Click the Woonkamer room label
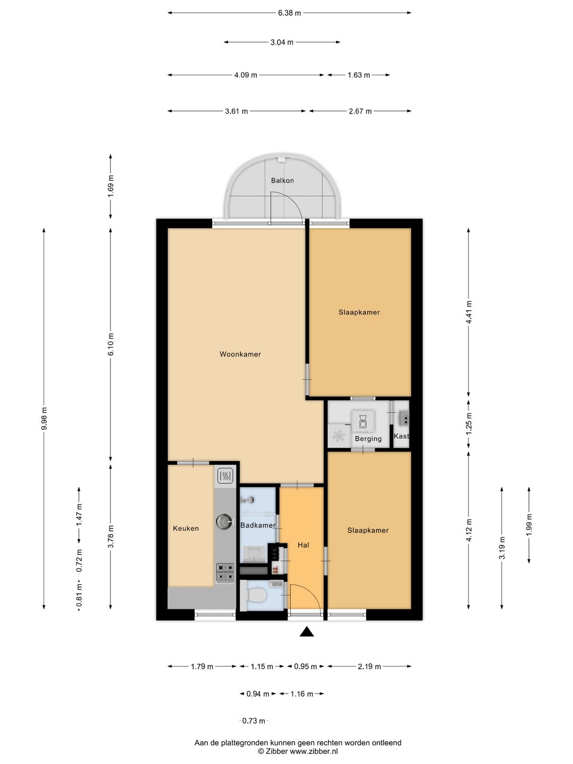pyautogui.click(x=240, y=354)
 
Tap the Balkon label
pyautogui.click(x=282, y=180)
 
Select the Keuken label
pyautogui.click(x=186, y=528)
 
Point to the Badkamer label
pyautogui.click(x=258, y=525)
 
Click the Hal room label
pyautogui.click(x=303, y=545)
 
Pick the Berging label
pyautogui.click(x=368, y=439)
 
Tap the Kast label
pyautogui.click(x=401, y=436)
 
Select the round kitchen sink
pyautogui.click(x=224, y=521)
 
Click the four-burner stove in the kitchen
pyautogui.click(x=225, y=573)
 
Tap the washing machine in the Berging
pyautogui.click(x=363, y=420)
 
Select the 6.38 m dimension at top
pyautogui.click(x=289, y=13)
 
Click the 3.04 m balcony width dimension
pyautogui.click(x=282, y=42)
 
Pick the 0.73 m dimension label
pyautogui.click(x=254, y=720)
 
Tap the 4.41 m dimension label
pyautogui.click(x=468, y=312)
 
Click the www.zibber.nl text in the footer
pyautogui.click(x=314, y=751)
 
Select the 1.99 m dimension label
pyautogui.click(x=529, y=525)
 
